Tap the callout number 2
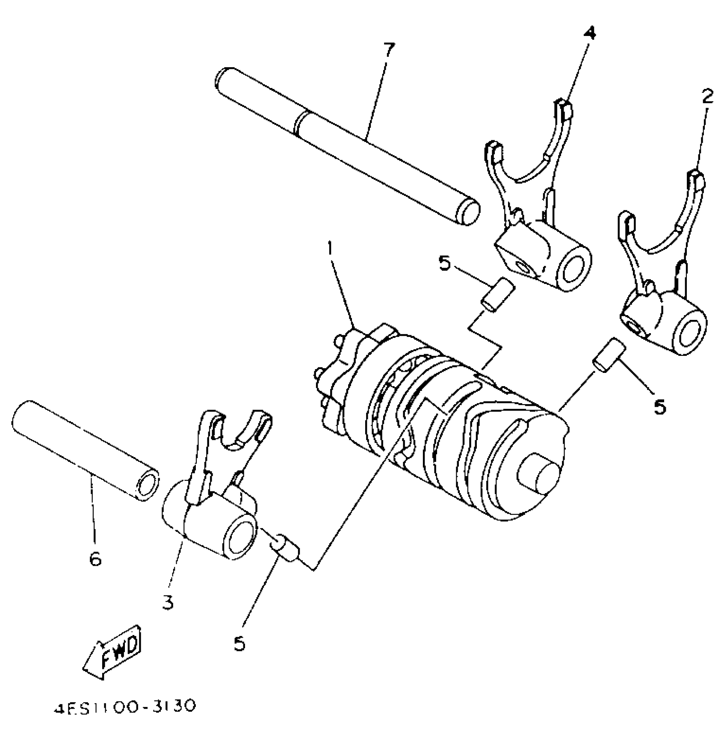(x=707, y=98)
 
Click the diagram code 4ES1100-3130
(x=125, y=706)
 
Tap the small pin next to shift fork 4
(x=497, y=295)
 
